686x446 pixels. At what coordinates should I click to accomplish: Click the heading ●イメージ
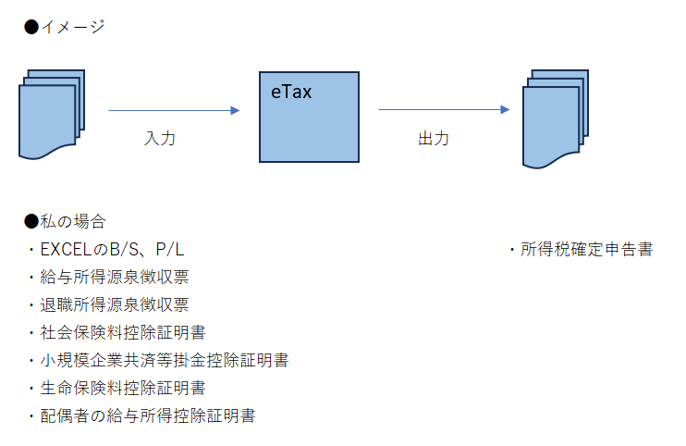coord(64,27)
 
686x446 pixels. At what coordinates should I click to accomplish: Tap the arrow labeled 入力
coord(174,110)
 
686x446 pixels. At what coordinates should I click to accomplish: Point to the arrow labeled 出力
coord(444,109)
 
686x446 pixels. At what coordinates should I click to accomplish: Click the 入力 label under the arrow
coord(160,139)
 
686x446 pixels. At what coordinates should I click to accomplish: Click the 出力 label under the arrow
coord(434,139)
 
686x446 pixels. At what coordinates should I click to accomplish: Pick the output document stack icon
coord(556,118)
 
